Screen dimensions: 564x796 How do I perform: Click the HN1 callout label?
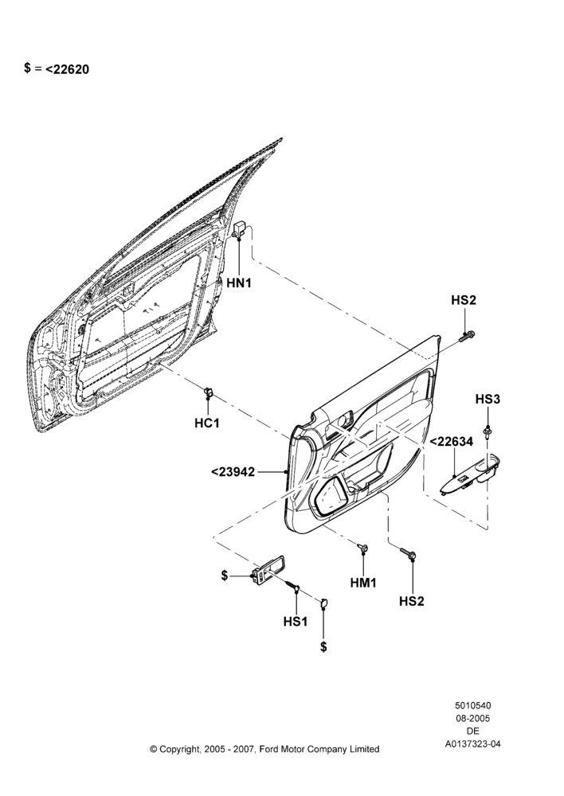point(239,283)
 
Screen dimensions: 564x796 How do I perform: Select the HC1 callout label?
point(207,423)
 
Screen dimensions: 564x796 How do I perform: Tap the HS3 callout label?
point(488,399)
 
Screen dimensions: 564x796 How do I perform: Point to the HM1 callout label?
point(363,583)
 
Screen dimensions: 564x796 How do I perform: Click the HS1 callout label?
point(296,621)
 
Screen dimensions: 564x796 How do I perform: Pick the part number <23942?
point(233,471)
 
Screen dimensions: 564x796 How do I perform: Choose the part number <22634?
point(451,442)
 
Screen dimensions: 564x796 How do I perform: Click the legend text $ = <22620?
point(57,68)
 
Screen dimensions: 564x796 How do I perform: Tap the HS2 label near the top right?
point(464,300)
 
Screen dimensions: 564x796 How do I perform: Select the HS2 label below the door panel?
point(412,601)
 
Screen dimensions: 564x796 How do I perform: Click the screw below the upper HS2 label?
point(468,335)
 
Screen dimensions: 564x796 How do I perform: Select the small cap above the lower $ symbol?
point(323,603)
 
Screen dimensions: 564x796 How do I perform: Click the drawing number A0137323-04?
point(472,744)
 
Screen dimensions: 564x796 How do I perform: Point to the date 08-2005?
point(472,718)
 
